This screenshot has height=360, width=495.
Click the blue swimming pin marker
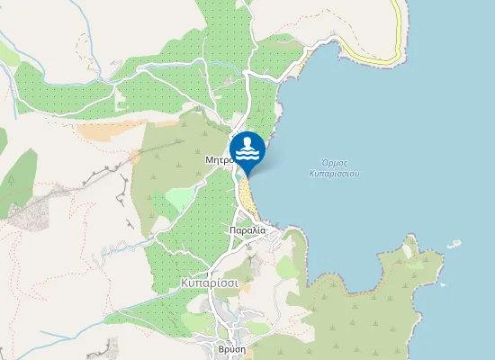tap(247, 149)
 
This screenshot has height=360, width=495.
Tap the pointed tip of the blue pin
tap(247, 173)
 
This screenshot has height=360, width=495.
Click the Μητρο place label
tap(219, 159)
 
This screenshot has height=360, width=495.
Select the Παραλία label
tap(247, 230)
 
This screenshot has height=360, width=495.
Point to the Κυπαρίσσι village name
tap(209, 282)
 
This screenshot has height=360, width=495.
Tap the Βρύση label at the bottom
tap(232, 348)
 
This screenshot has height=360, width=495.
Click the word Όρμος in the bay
tap(334, 162)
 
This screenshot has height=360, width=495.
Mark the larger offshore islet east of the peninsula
tap(454, 243)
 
